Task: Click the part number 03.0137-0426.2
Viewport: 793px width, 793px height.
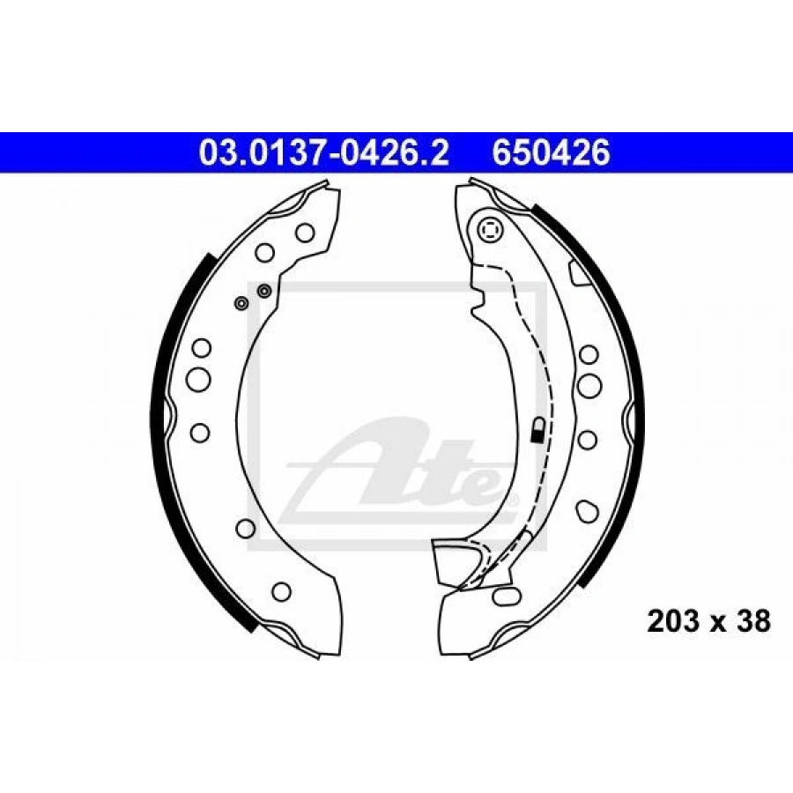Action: tap(324, 152)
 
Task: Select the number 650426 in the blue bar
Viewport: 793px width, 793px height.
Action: tap(551, 152)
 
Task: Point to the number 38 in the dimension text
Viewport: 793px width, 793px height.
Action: tap(752, 621)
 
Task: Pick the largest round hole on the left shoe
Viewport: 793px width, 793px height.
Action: tap(198, 379)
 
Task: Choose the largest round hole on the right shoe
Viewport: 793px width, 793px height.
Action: tap(589, 385)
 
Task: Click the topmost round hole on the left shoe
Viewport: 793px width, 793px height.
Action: tap(305, 233)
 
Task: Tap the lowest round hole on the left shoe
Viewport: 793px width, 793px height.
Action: tap(281, 591)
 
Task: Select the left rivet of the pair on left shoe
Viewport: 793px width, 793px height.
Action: tap(241, 303)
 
